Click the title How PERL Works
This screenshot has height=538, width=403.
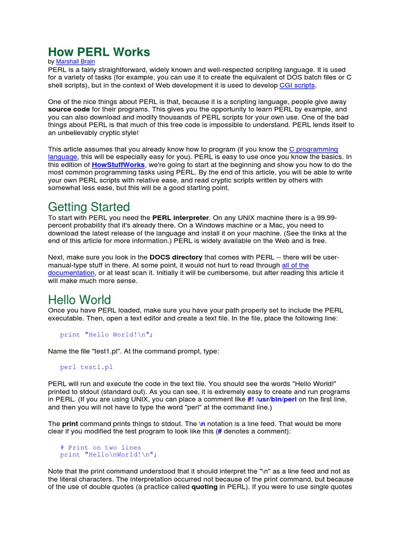pos(99,52)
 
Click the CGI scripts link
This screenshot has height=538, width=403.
pos(297,85)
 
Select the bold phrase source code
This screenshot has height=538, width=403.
pos(70,109)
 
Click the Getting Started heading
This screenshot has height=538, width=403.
pos(89,206)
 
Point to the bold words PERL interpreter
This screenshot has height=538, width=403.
pos(181,218)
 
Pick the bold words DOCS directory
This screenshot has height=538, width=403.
pos(176,257)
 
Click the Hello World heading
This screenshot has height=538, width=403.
pos(79,299)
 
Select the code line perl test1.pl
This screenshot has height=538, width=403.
pos(86,367)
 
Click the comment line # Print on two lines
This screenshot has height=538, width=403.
pos(100,448)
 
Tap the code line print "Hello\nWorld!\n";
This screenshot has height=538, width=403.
pos(108,455)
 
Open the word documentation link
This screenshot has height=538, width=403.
pos(71,273)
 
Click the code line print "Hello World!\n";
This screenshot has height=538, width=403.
pos(106,335)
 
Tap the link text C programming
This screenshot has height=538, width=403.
pos(314,149)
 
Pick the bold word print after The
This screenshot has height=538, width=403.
pos(70,423)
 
